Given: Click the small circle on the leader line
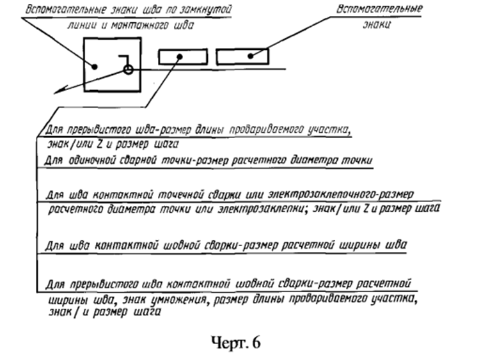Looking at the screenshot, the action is [x=128, y=70].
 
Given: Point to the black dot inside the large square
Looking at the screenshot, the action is [x=95, y=67].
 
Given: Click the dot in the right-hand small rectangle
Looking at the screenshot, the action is [x=251, y=56].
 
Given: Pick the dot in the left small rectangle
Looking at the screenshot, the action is [x=180, y=57].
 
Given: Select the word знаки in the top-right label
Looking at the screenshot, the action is [x=377, y=24].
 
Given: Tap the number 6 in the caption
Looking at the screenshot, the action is [x=256, y=343].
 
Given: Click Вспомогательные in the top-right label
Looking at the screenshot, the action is [x=380, y=8].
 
